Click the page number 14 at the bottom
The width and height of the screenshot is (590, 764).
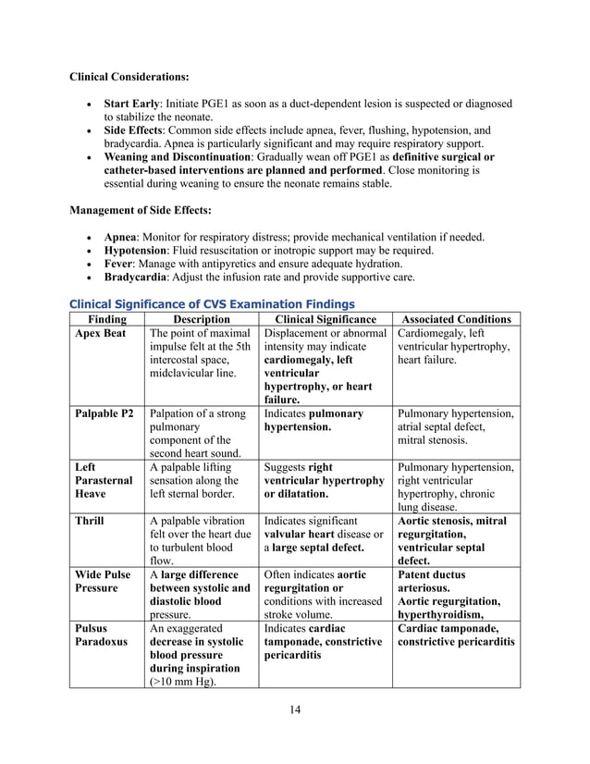coord(294,709)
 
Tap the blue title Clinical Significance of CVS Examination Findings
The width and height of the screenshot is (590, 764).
coord(214,303)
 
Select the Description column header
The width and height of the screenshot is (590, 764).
coord(202,319)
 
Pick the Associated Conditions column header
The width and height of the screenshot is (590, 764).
coord(456,319)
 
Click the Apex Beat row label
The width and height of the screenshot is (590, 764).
coord(101,334)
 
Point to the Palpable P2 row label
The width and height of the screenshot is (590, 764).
coord(104,413)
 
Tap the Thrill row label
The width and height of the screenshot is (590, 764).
coord(90,521)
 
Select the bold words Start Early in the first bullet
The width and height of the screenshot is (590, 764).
coord(133,104)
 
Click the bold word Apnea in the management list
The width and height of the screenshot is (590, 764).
coord(121,237)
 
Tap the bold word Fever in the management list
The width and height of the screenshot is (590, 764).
coord(119,264)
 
